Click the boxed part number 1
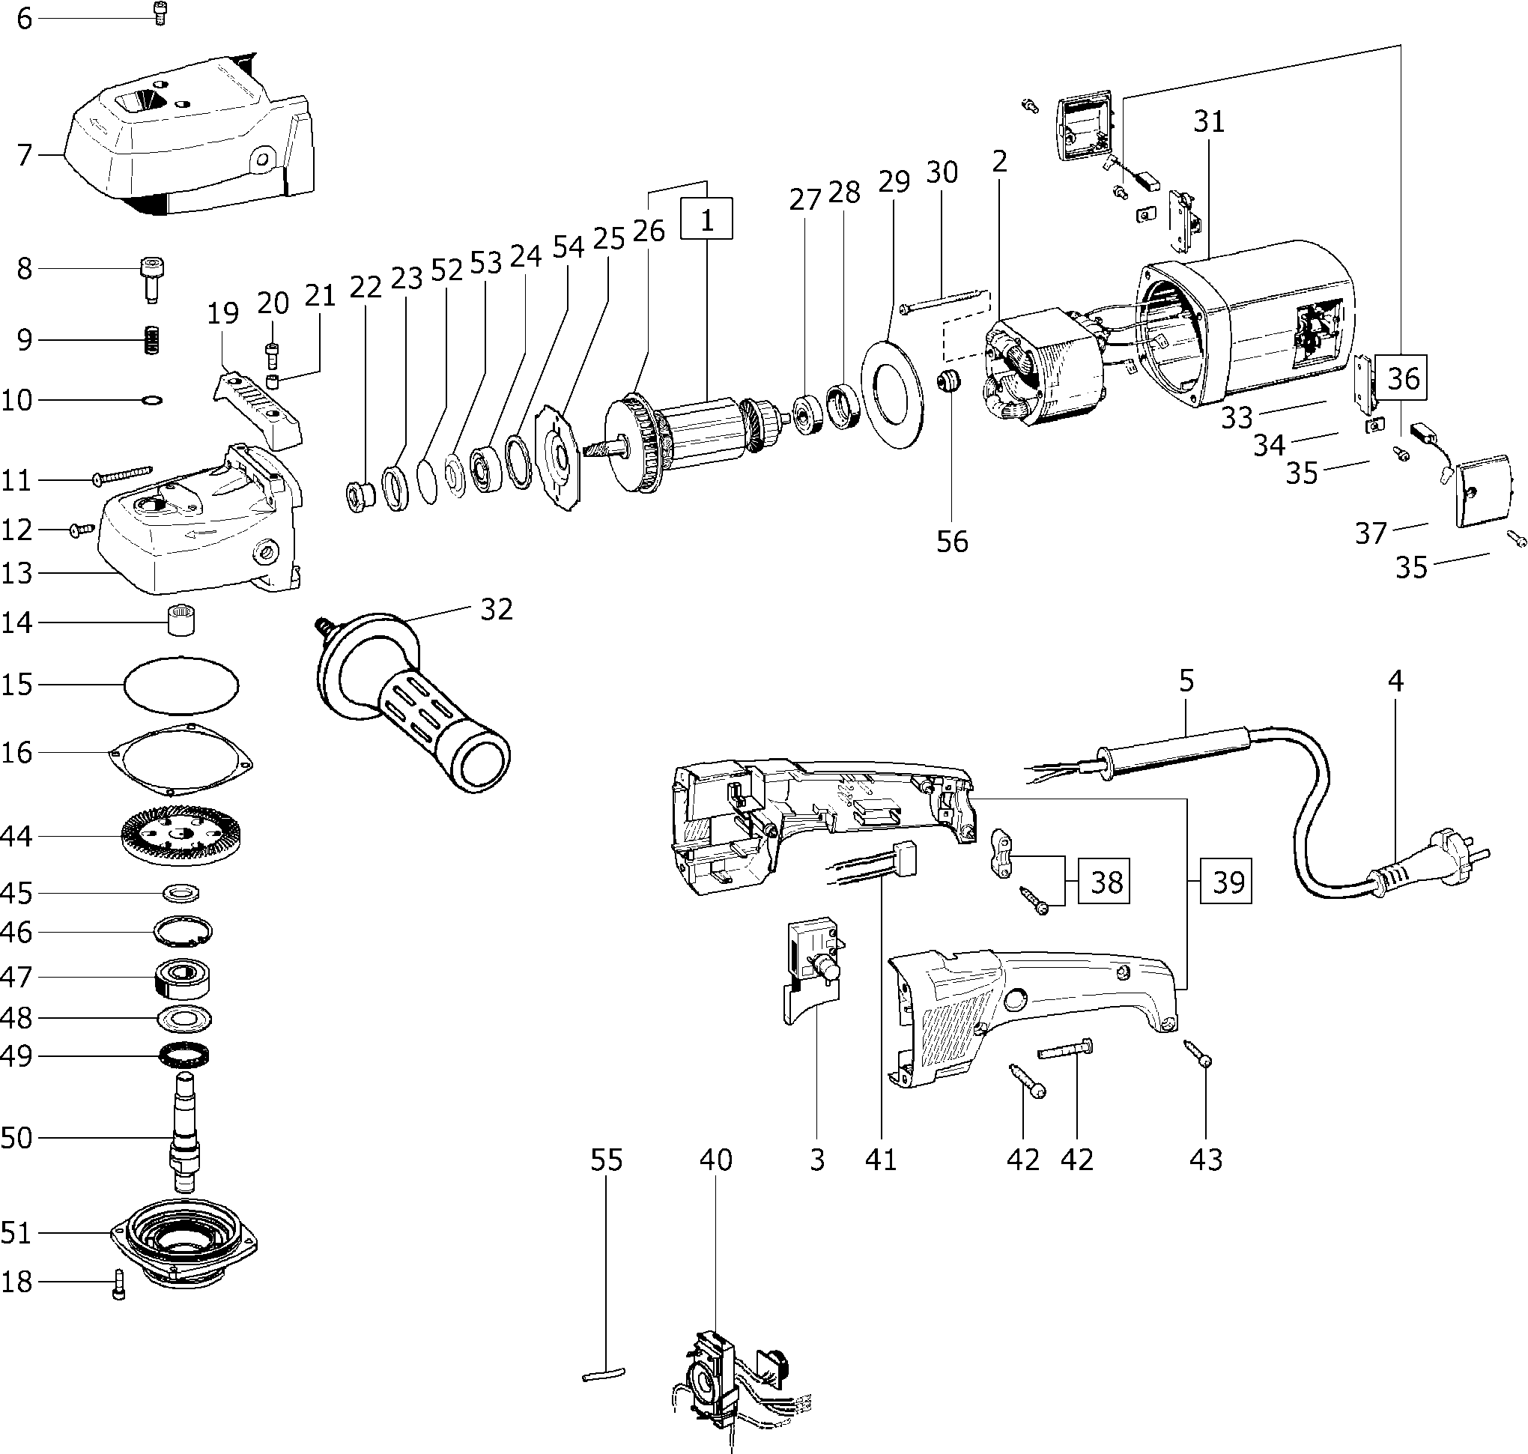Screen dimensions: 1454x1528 [706, 219]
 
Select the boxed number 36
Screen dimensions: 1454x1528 [1403, 378]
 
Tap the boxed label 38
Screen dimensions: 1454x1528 [1106, 881]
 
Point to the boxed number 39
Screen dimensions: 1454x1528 [1228, 881]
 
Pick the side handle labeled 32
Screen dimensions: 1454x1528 [410, 697]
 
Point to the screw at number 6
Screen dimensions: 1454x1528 [161, 14]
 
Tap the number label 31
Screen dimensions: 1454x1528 [1209, 121]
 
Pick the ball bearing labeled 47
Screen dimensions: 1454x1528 [184, 978]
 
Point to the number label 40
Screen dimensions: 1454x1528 [715, 1160]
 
